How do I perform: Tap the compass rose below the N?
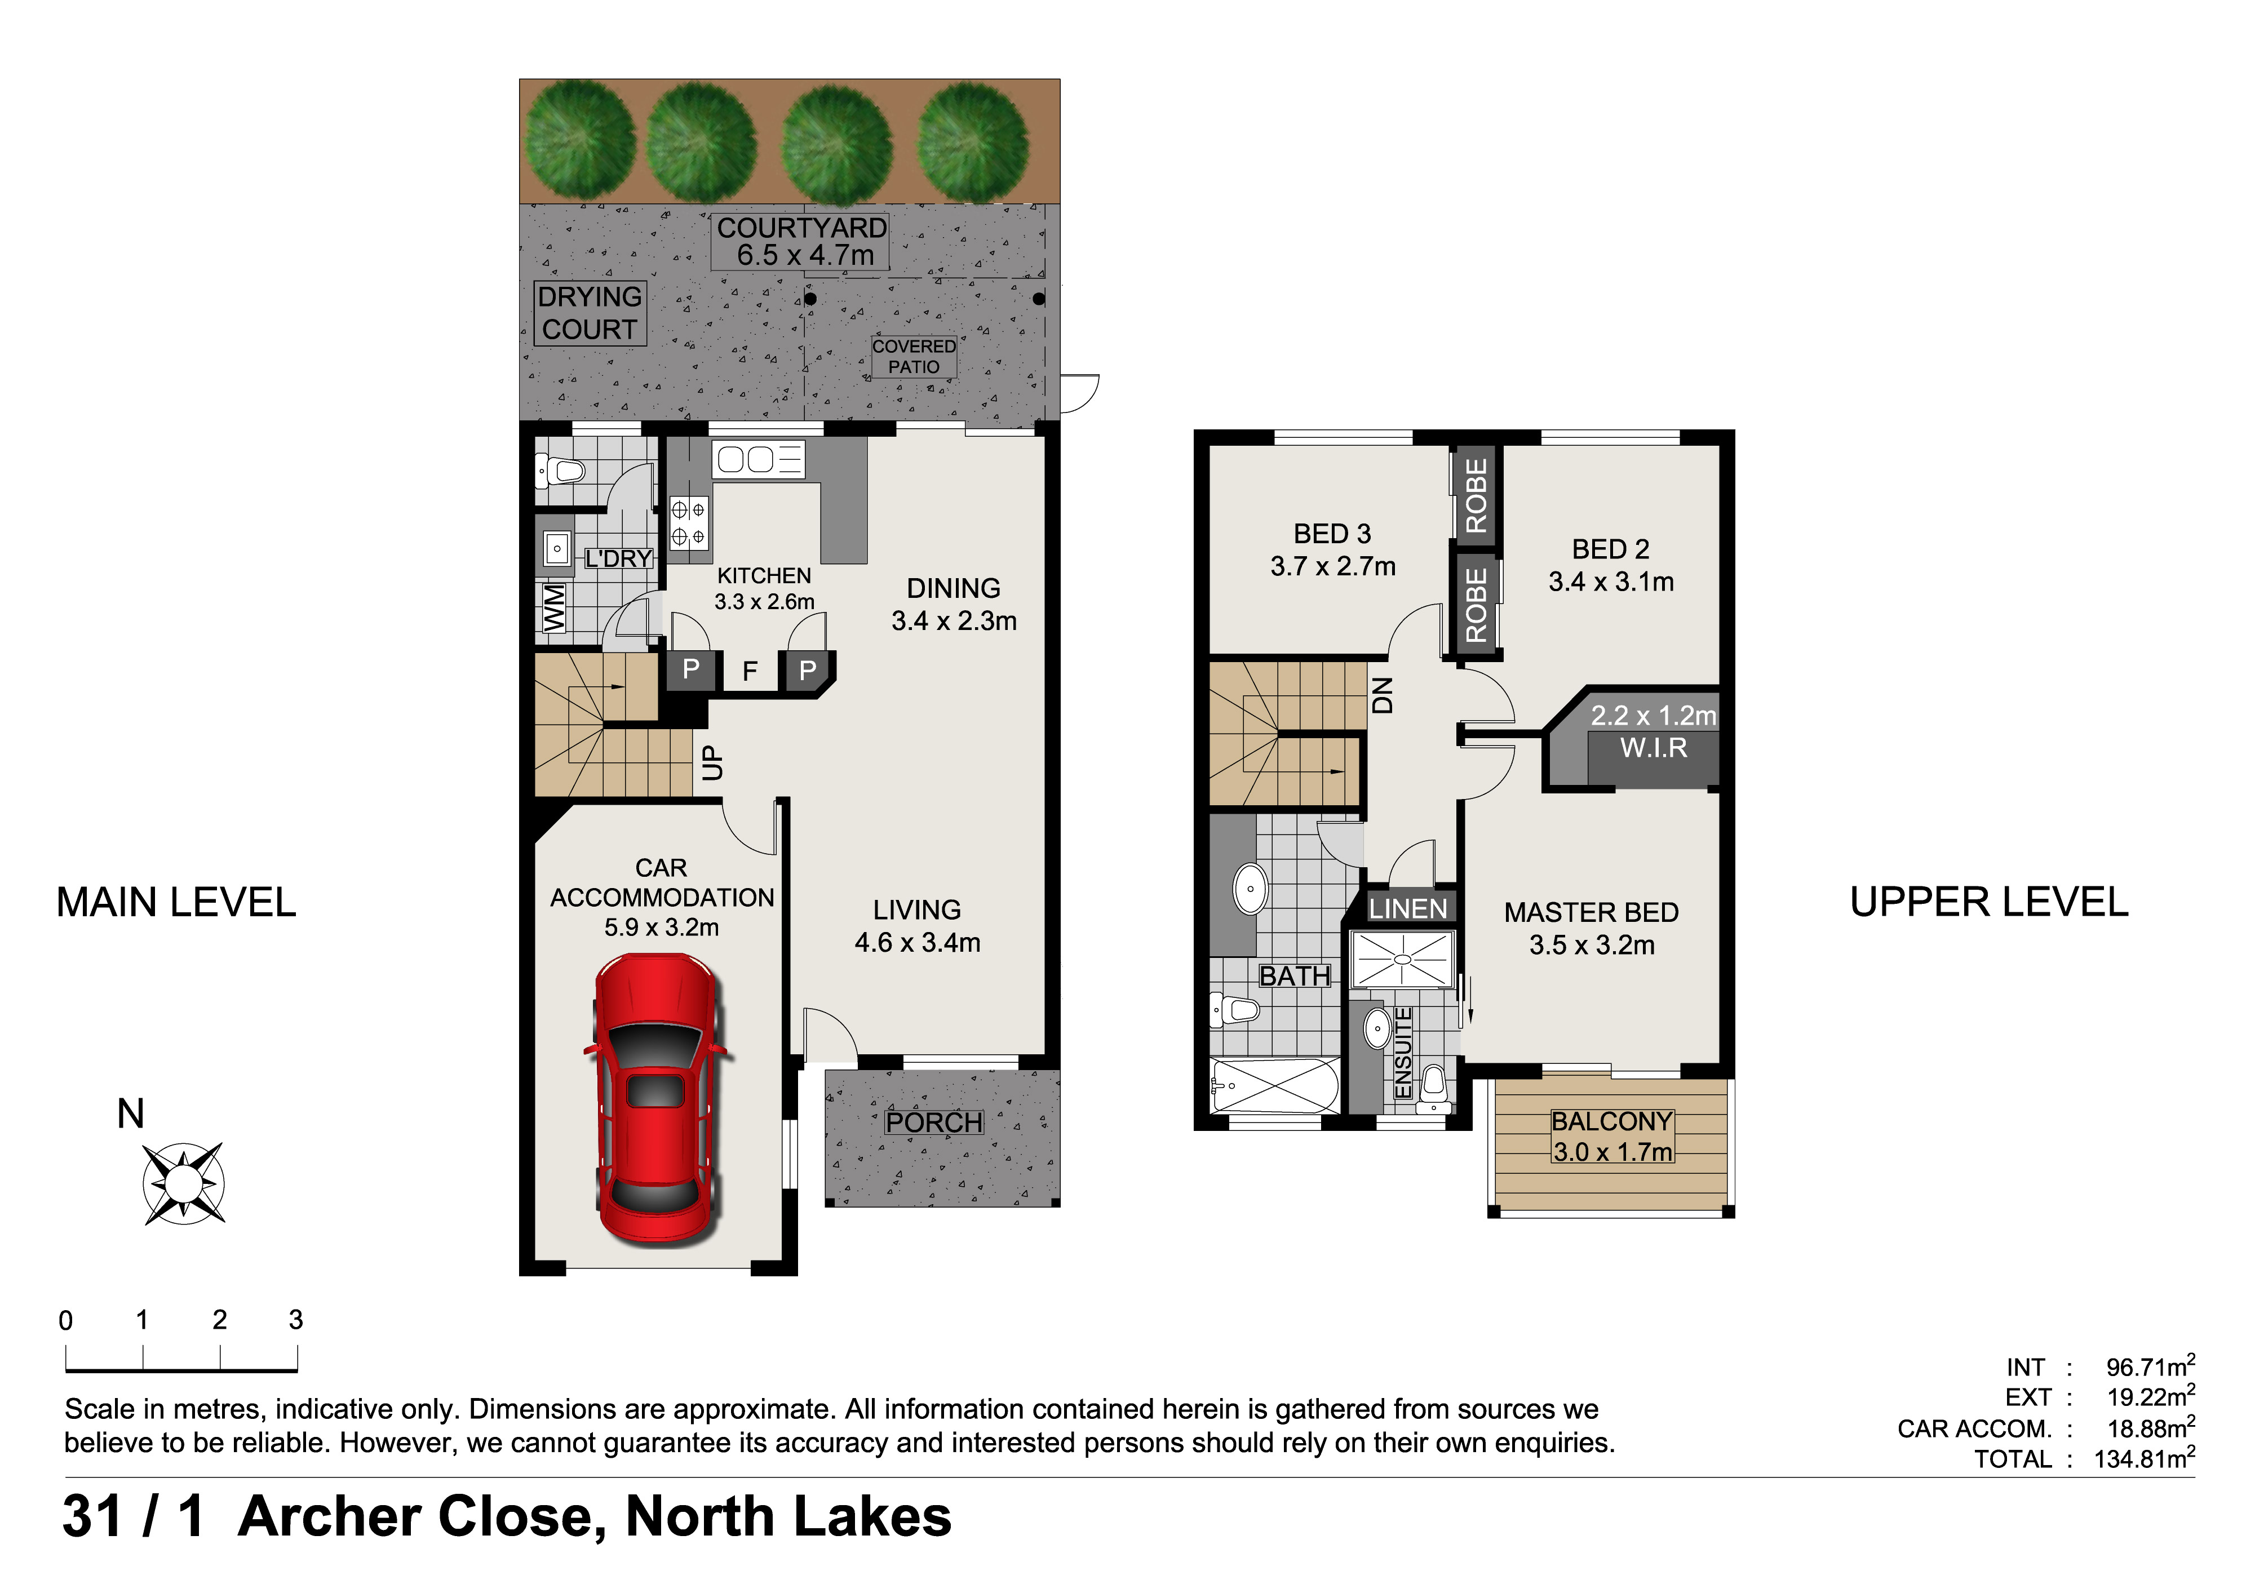click(184, 1183)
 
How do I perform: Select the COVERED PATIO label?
click(914, 357)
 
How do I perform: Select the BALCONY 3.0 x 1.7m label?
click(1612, 1137)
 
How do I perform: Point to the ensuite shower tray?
click(1402, 959)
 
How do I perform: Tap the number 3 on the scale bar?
click(296, 1320)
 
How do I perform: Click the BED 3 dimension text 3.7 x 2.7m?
click(1333, 567)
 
